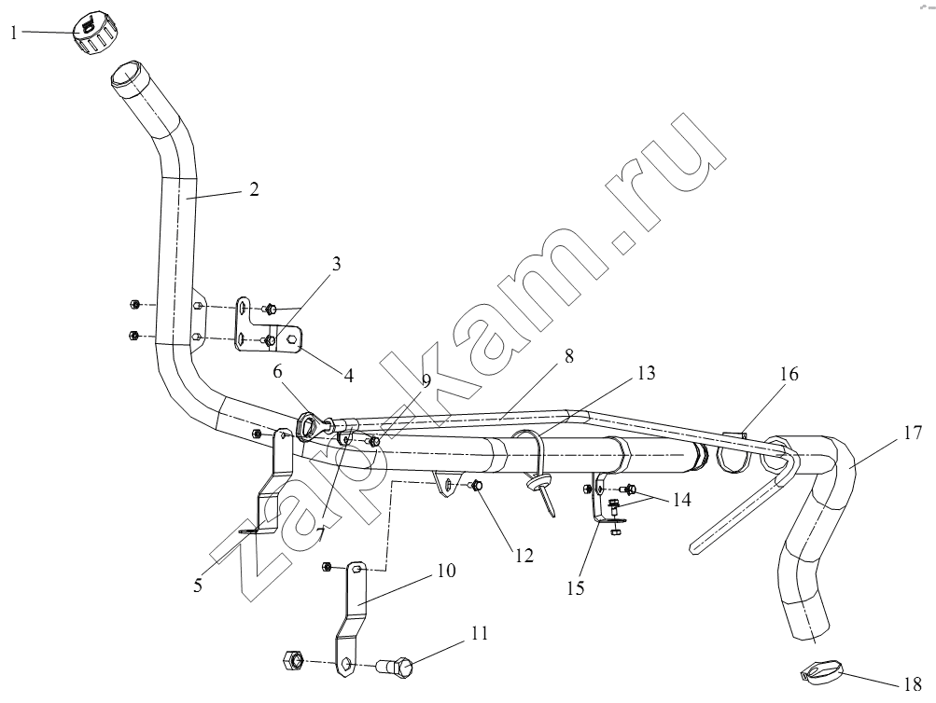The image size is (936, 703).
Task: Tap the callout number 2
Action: coord(254,189)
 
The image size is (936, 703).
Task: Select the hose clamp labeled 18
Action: coord(818,674)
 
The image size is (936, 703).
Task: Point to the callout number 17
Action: coord(914,433)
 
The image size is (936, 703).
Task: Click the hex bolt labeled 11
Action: coord(395,667)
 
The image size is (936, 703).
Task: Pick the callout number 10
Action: coord(446,571)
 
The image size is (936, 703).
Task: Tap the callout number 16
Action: coord(789,374)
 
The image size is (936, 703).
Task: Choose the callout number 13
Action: coord(647,373)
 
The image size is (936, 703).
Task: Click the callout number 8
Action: coord(568,356)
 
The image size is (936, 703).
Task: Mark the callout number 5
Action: coord(198,586)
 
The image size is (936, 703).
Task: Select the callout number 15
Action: coord(576,588)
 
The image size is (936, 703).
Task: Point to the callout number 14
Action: coord(682,499)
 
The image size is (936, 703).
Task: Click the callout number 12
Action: coord(524,555)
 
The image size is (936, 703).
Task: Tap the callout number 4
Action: coord(349,376)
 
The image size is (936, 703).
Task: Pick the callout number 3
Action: coord(336,264)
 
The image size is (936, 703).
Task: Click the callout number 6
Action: coord(277,371)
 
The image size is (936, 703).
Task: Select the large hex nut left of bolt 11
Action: coord(292,659)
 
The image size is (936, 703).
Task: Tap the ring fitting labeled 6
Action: coord(309,426)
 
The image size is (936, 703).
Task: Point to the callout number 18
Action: coord(913,684)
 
